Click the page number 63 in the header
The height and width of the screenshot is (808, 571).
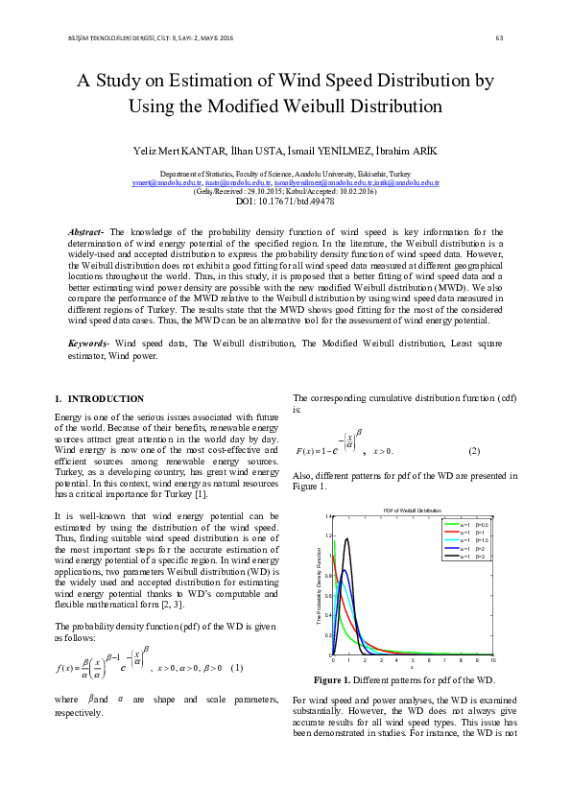[x=499, y=37]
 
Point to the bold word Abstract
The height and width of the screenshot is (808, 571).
[x=89, y=232]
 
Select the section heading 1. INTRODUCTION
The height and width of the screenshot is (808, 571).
[x=99, y=398]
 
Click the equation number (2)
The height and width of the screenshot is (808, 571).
[x=473, y=451]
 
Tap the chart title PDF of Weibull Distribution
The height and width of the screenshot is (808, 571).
[x=413, y=510]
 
